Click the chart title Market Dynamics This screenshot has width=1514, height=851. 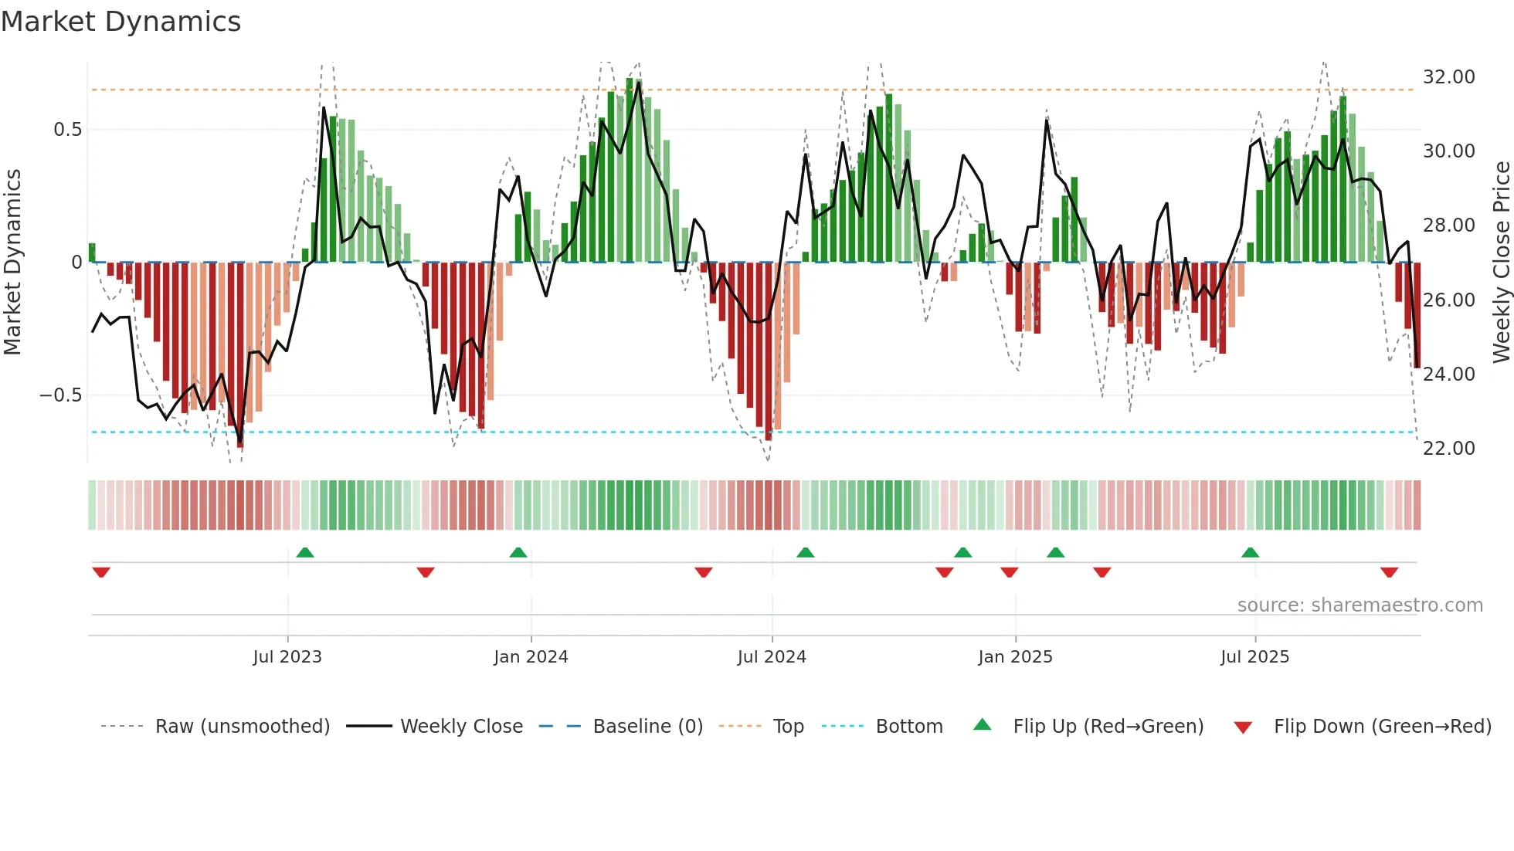[x=121, y=22]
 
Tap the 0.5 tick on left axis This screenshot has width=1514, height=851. [x=67, y=130]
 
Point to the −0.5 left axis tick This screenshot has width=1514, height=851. [x=60, y=395]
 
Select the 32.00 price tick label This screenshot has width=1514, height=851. [x=1448, y=77]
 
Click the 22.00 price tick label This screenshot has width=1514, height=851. [x=1448, y=449]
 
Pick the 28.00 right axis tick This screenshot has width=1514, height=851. [x=1448, y=225]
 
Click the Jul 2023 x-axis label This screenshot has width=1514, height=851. [x=287, y=657]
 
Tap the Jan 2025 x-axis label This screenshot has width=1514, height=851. [x=1015, y=657]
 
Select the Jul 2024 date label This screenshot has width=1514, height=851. [x=772, y=657]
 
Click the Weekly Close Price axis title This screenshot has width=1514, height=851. [x=1501, y=262]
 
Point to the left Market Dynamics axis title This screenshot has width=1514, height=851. [x=12, y=262]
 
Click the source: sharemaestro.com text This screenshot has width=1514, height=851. [x=1360, y=605]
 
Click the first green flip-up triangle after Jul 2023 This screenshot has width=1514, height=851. [x=305, y=553]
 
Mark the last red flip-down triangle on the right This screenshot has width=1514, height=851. [x=1389, y=572]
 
